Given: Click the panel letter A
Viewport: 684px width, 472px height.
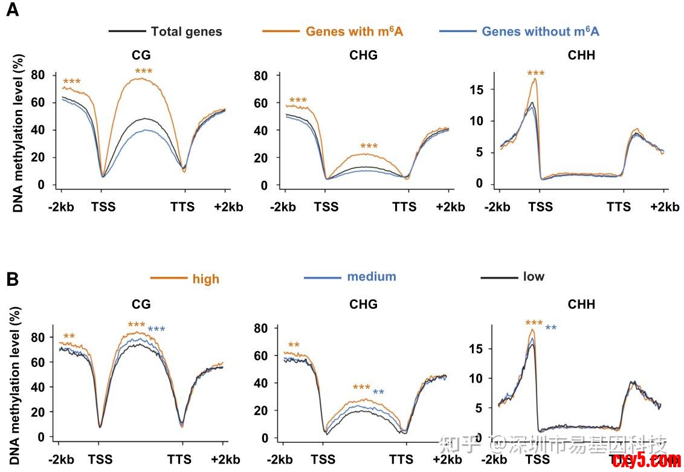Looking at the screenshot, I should (x=12, y=11).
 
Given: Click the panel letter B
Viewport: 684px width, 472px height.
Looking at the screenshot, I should (x=12, y=279).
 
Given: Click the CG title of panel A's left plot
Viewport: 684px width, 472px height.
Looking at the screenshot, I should (x=141, y=56).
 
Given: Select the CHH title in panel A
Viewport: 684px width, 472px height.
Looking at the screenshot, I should (x=581, y=56).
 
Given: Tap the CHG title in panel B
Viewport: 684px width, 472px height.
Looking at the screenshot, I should (x=363, y=304).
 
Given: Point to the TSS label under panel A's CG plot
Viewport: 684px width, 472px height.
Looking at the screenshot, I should (x=103, y=207).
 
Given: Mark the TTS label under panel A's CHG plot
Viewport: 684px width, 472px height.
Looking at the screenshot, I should (x=404, y=207).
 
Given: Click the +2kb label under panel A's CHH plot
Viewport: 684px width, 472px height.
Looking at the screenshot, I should (x=665, y=207).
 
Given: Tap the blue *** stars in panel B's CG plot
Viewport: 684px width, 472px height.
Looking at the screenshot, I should (x=156, y=329).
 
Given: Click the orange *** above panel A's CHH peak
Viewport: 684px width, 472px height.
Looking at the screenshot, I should (x=535, y=74).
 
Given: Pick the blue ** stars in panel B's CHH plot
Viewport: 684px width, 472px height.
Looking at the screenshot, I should (x=551, y=328).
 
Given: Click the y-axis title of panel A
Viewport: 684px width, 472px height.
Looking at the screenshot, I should (x=18, y=133).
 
